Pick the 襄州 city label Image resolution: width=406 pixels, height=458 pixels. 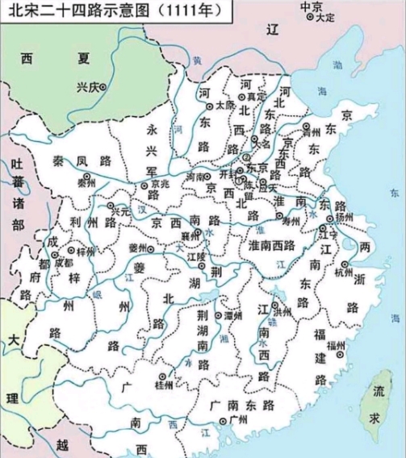click(191, 235)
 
